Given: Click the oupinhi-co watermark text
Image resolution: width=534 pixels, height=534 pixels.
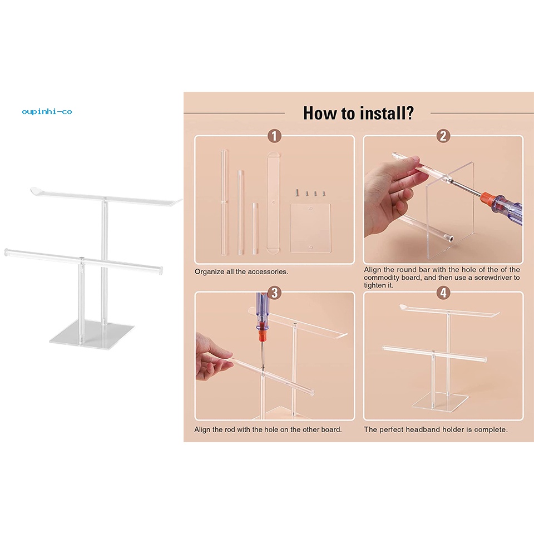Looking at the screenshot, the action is click(x=47, y=112).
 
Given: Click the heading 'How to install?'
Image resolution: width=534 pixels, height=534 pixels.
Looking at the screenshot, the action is click(x=358, y=113).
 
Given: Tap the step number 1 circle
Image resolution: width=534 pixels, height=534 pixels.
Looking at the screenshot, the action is click(x=274, y=136).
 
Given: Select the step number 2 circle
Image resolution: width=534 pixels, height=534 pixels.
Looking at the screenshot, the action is click(x=443, y=136).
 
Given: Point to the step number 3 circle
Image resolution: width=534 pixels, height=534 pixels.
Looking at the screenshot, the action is click(x=274, y=293).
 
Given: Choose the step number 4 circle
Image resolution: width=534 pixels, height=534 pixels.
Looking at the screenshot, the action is click(x=443, y=293).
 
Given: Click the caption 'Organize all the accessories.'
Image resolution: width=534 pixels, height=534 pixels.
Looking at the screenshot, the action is click(x=241, y=272).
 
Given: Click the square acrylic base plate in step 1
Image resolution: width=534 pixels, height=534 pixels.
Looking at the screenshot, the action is click(x=310, y=228).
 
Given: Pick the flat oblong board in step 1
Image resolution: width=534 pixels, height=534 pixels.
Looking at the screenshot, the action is click(x=273, y=202).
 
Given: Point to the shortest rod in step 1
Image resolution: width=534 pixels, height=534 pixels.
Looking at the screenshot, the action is click(x=255, y=229).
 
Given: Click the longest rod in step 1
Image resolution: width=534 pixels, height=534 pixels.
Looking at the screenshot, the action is click(x=224, y=202).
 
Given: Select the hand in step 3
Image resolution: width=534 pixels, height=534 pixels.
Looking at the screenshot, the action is click(x=212, y=358).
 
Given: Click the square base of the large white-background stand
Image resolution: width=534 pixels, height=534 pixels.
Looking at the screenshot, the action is click(x=92, y=335).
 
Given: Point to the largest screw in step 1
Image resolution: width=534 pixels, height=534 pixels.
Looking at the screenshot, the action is click(x=297, y=193).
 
